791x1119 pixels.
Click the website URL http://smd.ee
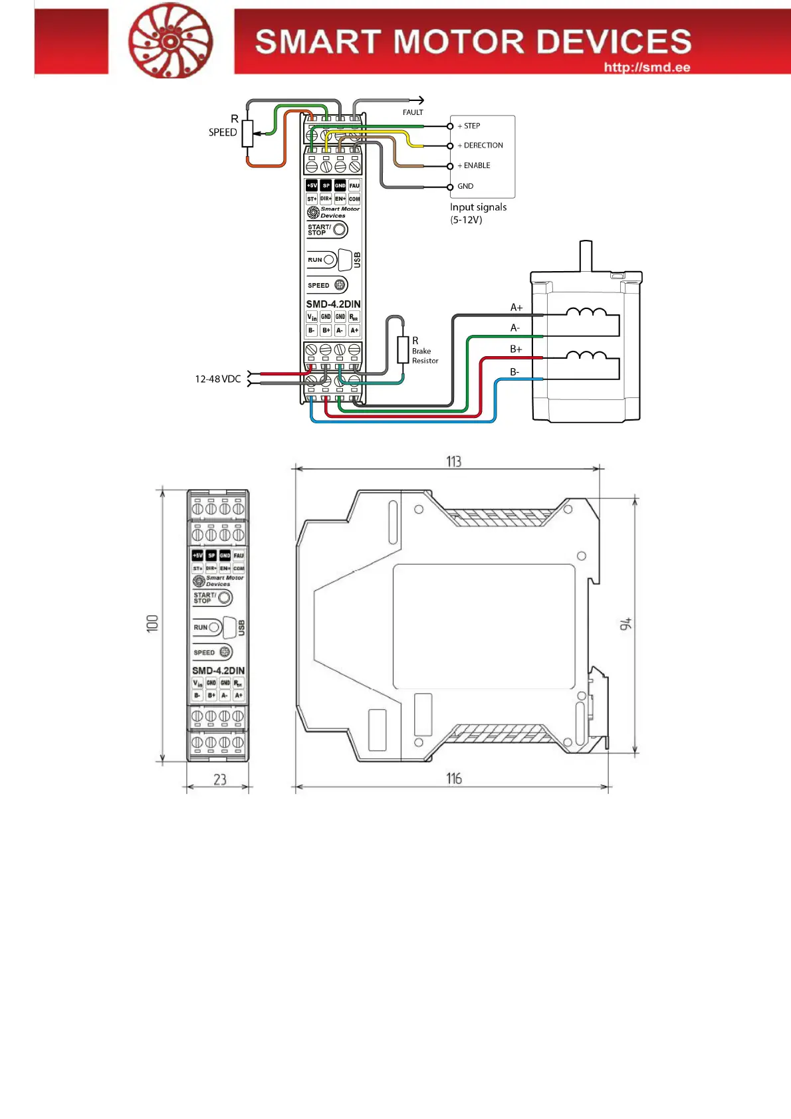pyautogui.click(x=647, y=67)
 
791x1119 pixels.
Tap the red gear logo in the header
pyautogui.click(x=170, y=41)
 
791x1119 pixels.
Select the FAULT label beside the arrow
pyautogui.click(x=413, y=112)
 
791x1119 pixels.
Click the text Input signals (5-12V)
pyautogui.click(x=478, y=213)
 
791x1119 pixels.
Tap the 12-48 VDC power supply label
pyautogui.click(x=217, y=379)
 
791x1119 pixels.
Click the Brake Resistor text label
pyautogui.click(x=425, y=356)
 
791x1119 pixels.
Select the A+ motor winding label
pyautogui.click(x=516, y=307)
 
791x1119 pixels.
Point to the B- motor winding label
pyautogui.click(x=514, y=372)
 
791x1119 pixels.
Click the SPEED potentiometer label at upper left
pyautogui.click(x=223, y=132)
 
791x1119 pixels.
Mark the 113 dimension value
pyautogui.click(x=453, y=461)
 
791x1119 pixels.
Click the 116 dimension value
pyautogui.click(x=454, y=778)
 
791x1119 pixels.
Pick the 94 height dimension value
pyautogui.click(x=625, y=624)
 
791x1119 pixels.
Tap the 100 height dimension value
pyautogui.click(x=153, y=623)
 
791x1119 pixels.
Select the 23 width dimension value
pyautogui.click(x=220, y=779)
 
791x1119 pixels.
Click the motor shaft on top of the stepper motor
pyautogui.click(x=586, y=256)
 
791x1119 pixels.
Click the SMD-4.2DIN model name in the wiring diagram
pyautogui.click(x=333, y=304)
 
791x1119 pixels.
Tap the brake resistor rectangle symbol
pyautogui.click(x=403, y=350)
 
